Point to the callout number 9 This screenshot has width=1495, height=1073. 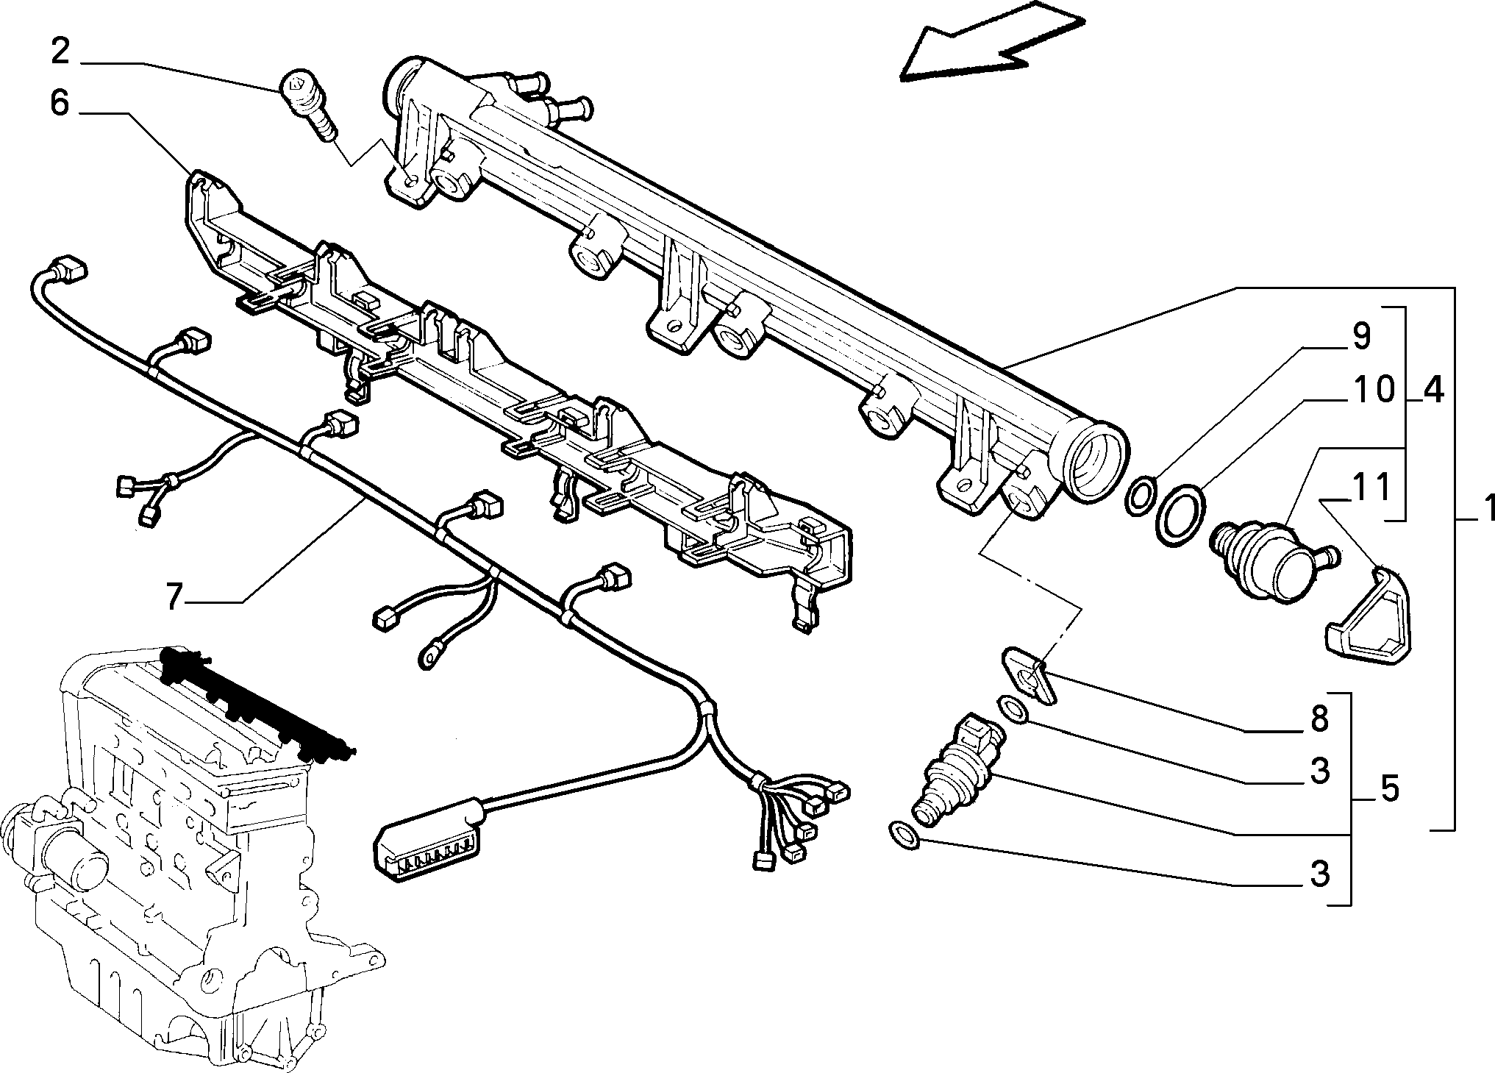1360,336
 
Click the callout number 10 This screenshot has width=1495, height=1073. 1371,390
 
